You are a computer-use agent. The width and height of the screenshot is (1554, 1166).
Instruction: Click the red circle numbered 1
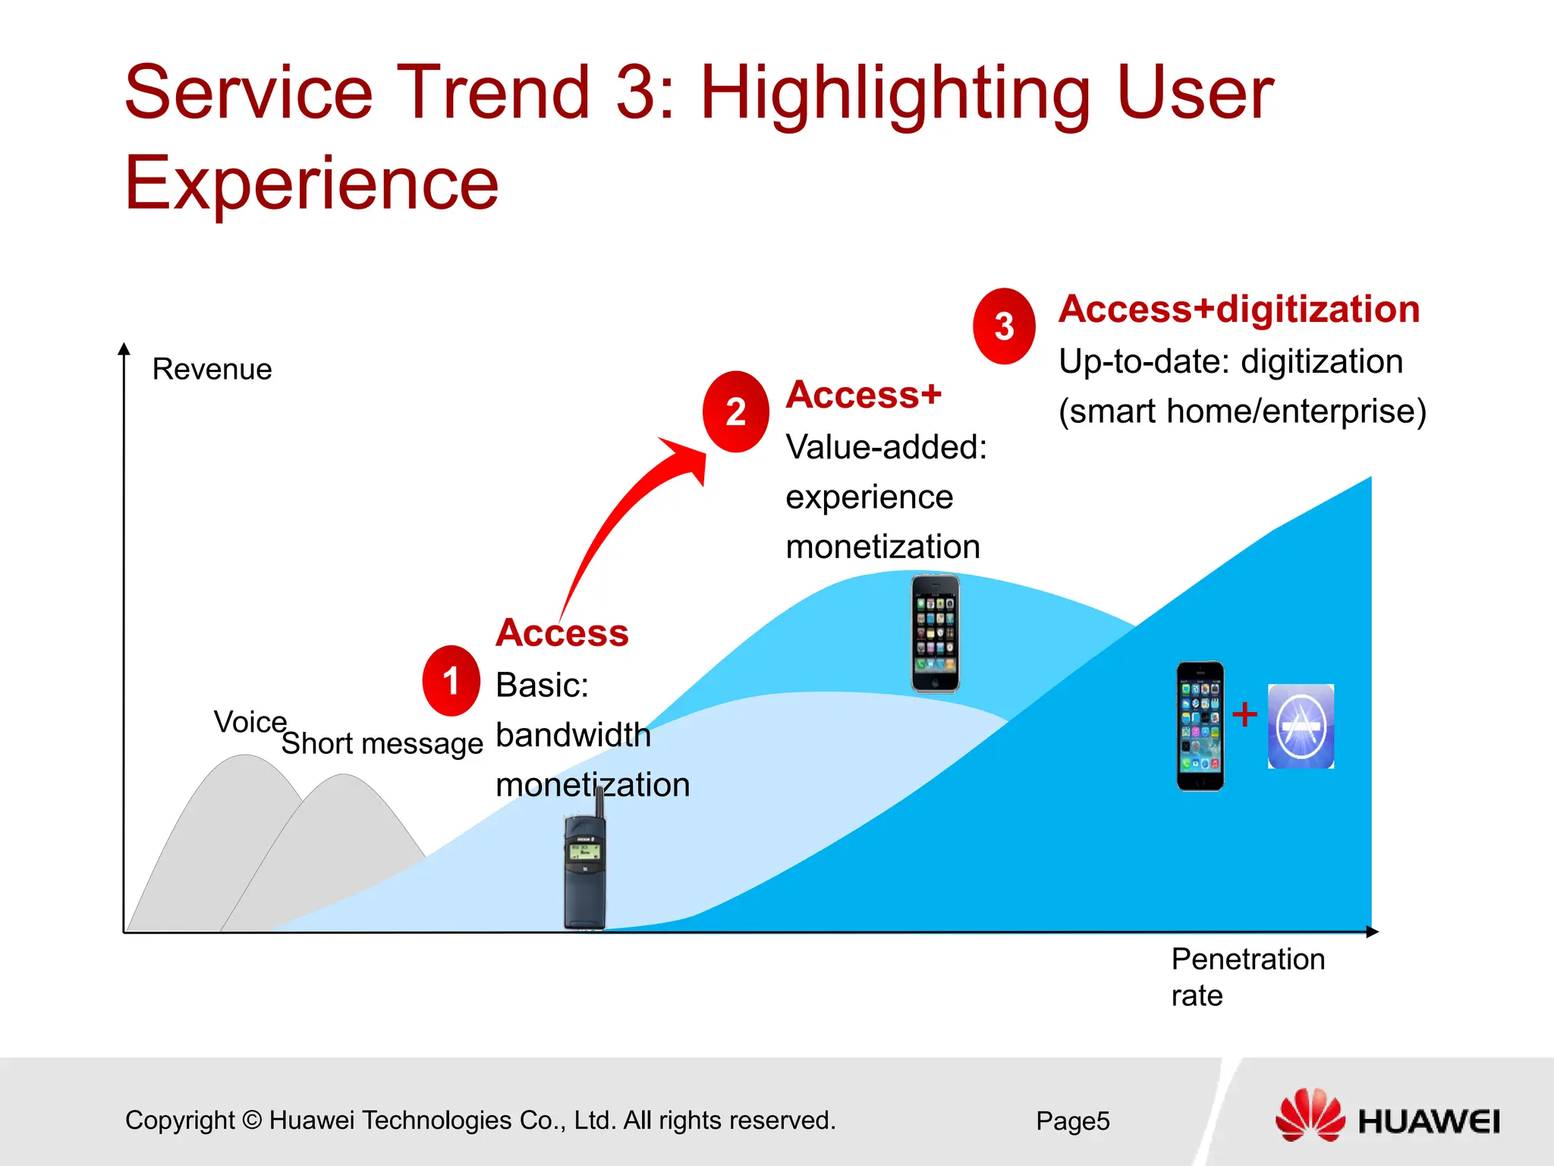click(451, 681)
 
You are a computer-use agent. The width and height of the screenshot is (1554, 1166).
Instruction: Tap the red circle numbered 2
click(735, 412)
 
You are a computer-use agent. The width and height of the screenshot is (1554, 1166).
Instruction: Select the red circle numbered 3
click(1004, 326)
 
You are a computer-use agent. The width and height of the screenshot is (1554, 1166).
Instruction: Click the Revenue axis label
click(212, 370)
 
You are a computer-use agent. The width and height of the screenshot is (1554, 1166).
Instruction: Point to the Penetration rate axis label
click(1247, 976)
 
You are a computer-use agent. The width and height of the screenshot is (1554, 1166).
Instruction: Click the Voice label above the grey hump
click(250, 722)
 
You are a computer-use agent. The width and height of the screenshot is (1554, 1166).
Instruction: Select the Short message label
click(382, 743)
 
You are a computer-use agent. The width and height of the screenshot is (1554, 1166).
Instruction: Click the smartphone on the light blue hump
click(935, 634)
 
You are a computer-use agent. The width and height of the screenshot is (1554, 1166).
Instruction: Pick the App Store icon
click(1301, 726)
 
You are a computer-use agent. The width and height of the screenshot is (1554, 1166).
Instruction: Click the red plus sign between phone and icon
click(1244, 714)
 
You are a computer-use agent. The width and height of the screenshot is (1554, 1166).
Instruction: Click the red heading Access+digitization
click(1238, 310)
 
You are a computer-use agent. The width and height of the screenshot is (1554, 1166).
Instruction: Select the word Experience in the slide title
click(311, 184)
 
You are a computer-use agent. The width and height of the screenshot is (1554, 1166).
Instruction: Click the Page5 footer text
click(1072, 1121)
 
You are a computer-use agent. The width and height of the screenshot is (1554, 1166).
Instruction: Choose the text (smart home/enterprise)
click(1242, 411)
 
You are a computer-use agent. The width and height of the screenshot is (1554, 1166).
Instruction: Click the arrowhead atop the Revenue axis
click(124, 348)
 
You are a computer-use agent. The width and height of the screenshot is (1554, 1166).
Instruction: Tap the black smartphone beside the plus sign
click(1200, 726)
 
